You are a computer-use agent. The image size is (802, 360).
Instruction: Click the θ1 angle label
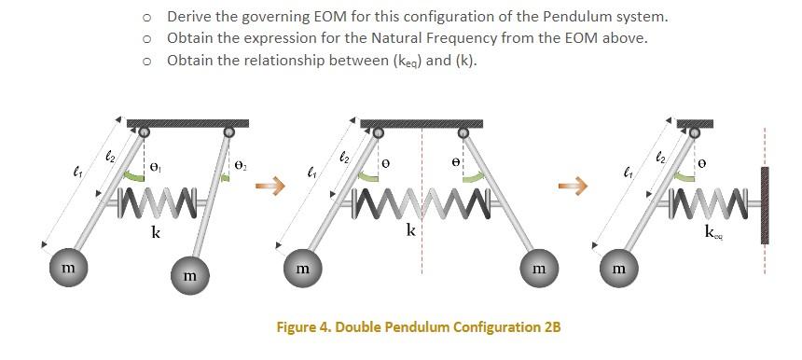(x=156, y=168)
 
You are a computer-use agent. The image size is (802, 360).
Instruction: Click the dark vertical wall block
(x=766, y=205)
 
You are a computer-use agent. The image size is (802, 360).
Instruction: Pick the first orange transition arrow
(x=268, y=187)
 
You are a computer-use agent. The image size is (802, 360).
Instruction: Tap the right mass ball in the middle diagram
(x=538, y=268)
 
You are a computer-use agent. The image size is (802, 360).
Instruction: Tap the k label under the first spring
(x=156, y=232)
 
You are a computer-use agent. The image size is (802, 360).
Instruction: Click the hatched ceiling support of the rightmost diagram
(x=695, y=123)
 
